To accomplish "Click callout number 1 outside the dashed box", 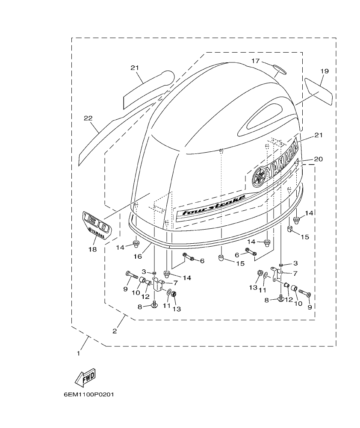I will [78, 353].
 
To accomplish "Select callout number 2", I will [115, 331].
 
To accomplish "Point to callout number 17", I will [255, 61].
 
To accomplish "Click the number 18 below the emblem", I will [93, 249].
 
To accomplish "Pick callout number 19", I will [324, 71].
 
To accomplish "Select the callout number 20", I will [318, 159].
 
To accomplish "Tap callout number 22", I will [88, 118].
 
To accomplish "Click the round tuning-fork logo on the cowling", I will [258, 177].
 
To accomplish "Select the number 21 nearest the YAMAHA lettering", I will [318, 135].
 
